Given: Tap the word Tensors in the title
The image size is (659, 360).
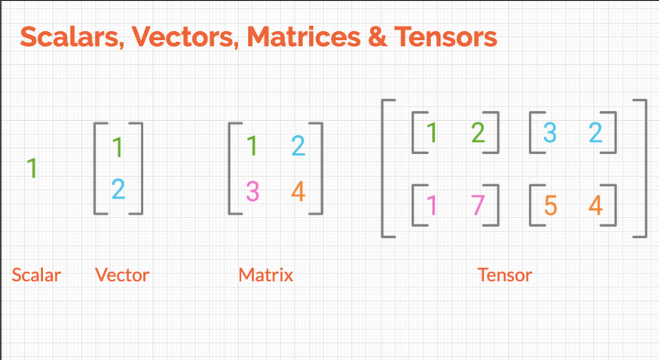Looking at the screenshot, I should (446, 37).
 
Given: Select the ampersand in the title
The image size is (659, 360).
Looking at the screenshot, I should (378, 37).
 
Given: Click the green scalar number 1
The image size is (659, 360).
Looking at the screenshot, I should (32, 168).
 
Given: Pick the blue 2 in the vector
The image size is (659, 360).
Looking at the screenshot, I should (118, 190).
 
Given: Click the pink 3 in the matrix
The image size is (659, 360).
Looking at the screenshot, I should (252, 192).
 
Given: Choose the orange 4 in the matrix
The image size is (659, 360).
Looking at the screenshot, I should (298, 192).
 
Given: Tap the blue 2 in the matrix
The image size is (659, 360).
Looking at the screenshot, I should (298, 147).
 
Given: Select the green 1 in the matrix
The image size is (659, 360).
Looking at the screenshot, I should (252, 147).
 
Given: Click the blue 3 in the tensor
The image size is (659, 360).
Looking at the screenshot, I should (550, 133).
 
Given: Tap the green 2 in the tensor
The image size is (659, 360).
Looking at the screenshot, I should (478, 133).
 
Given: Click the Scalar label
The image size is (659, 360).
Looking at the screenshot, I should (36, 275).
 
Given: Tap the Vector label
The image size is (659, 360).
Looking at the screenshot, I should (122, 275).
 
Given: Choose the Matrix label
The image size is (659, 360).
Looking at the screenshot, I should (265, 275).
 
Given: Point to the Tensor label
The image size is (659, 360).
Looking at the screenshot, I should (505, 275).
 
